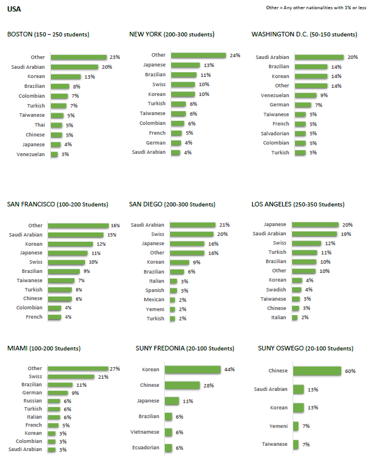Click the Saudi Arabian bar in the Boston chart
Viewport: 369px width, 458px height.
point(75,67)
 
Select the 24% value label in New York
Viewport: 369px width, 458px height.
point(235,56)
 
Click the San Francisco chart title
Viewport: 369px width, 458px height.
point(57,204)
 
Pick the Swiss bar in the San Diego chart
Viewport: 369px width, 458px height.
point(191,234)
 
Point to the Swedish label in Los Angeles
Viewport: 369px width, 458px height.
point(276,289)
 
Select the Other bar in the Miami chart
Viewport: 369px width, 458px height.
point(78,368)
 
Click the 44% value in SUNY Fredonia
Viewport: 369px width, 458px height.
point(230,369)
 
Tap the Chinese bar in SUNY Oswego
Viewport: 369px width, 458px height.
point(317,371)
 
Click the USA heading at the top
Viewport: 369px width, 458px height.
point(14,9)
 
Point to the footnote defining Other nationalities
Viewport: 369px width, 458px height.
point(315,8)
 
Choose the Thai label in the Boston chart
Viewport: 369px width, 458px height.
point(39,125)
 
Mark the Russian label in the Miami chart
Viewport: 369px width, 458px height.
point(32,401)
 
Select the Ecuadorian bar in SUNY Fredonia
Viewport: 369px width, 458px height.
point(168,448)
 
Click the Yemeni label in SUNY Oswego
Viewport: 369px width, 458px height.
point(278,426)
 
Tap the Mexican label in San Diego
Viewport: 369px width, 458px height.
point(154,300)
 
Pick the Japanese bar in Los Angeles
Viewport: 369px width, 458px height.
point(315,224)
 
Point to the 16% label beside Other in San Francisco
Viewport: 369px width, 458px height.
point(116,226)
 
